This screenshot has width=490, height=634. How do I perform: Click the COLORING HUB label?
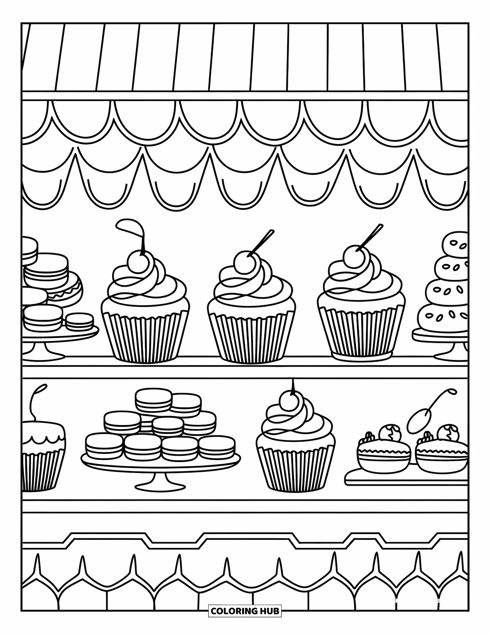tap(245, 621)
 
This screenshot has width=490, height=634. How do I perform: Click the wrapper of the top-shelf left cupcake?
tap(145, 336)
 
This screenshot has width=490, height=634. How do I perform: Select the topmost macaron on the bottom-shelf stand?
tap(153, 400)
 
